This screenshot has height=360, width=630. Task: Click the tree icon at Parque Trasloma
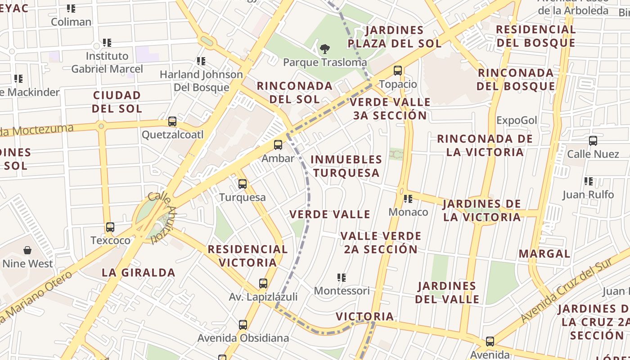coord(324,49)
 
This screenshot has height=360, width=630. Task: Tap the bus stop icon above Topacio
coord(398,71)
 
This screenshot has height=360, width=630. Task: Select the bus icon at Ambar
coord(278,145)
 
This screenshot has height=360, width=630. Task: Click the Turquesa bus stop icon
coord(243,184)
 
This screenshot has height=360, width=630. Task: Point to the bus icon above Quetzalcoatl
coord(172,121)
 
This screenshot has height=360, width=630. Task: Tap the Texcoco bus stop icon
coord(110,227)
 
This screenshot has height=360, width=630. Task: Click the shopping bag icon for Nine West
coord(27,250)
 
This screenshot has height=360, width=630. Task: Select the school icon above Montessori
coord(342,278)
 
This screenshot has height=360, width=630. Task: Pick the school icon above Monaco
coord(408,198)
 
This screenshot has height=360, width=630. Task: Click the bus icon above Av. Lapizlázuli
coord(263,283)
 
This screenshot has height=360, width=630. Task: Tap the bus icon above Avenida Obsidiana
coord(243,324)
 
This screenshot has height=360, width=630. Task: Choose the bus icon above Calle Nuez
coord(593,141)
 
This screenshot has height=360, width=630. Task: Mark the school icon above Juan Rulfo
coord(588,181)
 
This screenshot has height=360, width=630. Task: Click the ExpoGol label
coord(517,120)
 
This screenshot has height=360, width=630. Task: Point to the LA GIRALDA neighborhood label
coord(138,272)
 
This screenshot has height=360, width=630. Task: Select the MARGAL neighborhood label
coord(544,253)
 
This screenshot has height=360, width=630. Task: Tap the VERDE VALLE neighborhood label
coord(330,214)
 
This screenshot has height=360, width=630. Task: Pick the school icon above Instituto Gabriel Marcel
coord(107,43)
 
